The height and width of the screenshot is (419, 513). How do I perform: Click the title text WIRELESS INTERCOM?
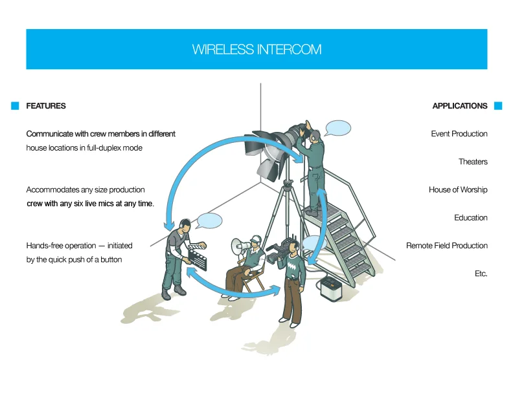pos(256,49)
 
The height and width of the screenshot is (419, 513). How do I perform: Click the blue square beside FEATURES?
pos(15,106)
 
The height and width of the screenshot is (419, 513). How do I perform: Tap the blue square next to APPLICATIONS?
pos(498,106)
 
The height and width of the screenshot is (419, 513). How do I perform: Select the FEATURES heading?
pos(46,106)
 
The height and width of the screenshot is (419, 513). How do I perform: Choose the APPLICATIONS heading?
pos(460,106)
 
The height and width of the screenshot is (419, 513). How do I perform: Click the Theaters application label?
pos(473,162)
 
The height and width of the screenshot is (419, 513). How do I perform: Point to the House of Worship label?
pos(458,190)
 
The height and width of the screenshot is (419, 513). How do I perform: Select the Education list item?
pos(471,218)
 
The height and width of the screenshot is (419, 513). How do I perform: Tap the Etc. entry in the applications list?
pos(481,274)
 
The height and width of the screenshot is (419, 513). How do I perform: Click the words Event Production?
pos(459,134)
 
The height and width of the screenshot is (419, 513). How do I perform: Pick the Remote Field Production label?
pos(447,246)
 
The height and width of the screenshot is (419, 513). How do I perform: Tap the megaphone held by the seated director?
pos(239,246)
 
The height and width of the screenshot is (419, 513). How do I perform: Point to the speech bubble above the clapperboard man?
pos(209,220)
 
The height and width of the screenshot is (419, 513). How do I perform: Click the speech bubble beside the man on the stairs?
pos(337,127)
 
